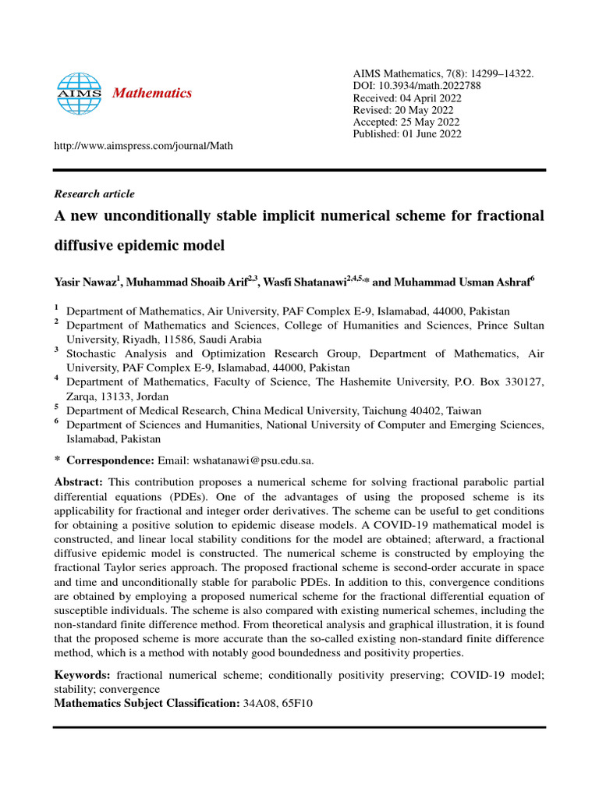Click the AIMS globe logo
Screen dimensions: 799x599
pyautogui.click(x=80, y=93)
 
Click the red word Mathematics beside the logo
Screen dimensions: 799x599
pyautogui.click(x=152, y=94)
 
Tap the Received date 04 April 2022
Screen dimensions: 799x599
pyautogui.click(x=434, y=98)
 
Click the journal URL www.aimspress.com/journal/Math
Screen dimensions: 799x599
pyautogui.click(x=143, y=146)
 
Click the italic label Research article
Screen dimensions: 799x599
pyautogui.click(x=94, y=194)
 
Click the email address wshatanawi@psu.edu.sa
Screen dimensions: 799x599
pyautogui.click(x=253, y=460)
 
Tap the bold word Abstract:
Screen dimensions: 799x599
pyautogui.click(x=79, y=482)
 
